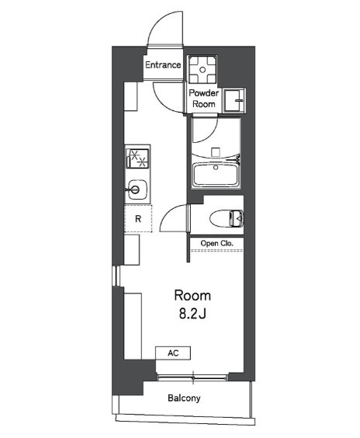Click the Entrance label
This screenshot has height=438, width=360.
pyautogui.click(x=163, y=65)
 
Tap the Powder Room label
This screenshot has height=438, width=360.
pyautogui.click(x=204, y=99)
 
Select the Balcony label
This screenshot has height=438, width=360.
pyautogui.click(x=184, y=398)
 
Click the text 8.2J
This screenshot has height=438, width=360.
pyautogui.click(x=192, y=314)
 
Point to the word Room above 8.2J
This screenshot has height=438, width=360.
pyautogui.click(x=192, y=296)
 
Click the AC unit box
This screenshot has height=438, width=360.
pyautogui.click(x=173, y=353)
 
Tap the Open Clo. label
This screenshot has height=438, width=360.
pyautogui.click(x=216, y=243)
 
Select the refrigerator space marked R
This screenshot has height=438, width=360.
pyautogui.click(x=138, y=218)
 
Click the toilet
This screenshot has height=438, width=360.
pyautogui.click(x=227, y=218)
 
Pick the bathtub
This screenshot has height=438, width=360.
pyautogui.click(x=216, y=174)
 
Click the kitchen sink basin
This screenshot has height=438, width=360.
pyautogui.click(x=137, y=189)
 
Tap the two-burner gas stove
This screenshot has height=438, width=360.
pyautogui.click(x=137, y=158)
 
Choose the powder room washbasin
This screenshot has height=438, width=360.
pyautogui.click(x=234, y=100)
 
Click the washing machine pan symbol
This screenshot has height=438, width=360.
pyautogui.click(x=202, y=70)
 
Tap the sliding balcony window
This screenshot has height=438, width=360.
pyautogui.click(x=192, y=377)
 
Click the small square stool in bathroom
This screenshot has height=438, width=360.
pyautogui.click(x=216, y=152)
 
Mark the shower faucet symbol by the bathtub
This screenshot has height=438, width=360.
pyautogui.click(x=237, y=158)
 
